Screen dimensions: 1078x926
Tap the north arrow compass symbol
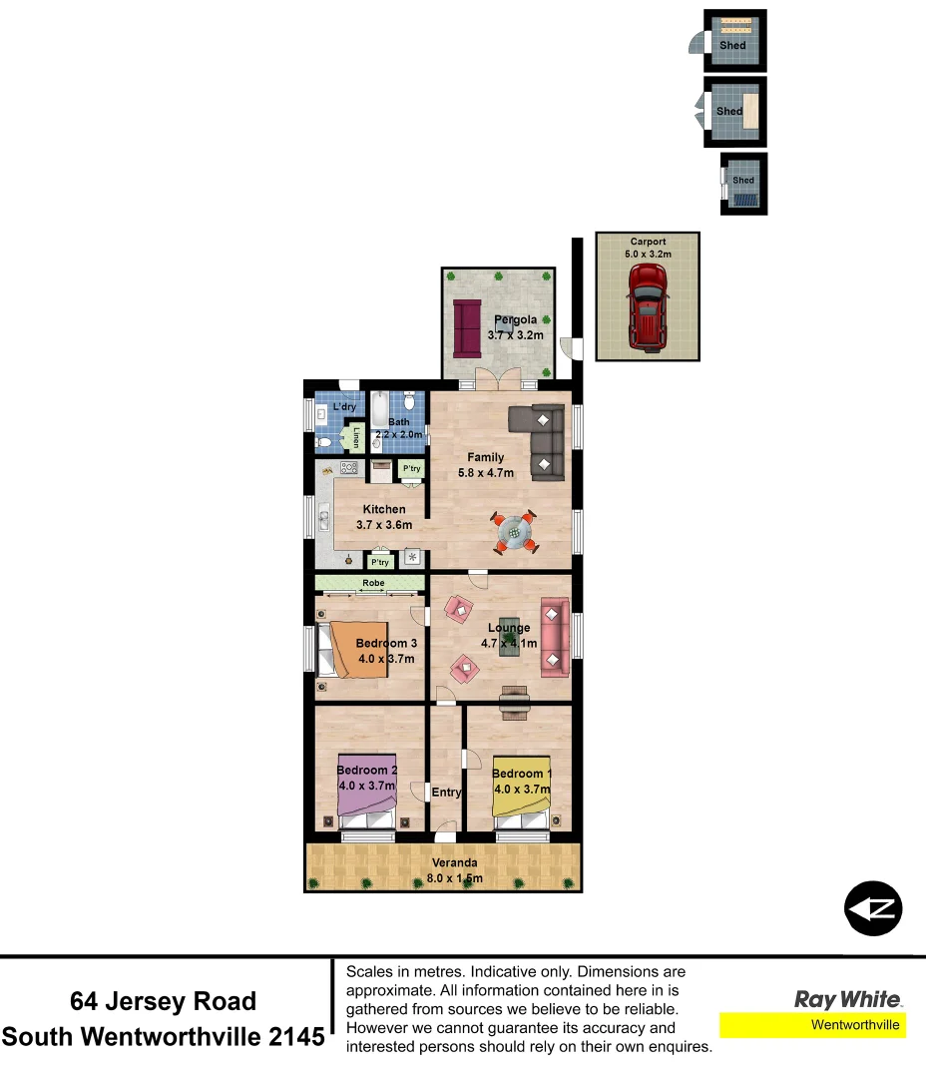873,908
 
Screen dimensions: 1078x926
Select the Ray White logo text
847,999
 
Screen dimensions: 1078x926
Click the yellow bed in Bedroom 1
522,789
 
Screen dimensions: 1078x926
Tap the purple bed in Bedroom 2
367,787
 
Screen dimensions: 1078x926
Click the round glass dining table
515,532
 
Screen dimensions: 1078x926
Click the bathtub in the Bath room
381,411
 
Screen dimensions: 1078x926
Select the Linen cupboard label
356,438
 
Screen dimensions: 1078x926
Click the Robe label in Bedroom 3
370,582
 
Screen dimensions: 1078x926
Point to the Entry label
446,793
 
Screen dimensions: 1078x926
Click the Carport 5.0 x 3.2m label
648,248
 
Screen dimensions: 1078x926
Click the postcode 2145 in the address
297,1036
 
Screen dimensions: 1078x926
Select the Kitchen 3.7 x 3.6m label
383,517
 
